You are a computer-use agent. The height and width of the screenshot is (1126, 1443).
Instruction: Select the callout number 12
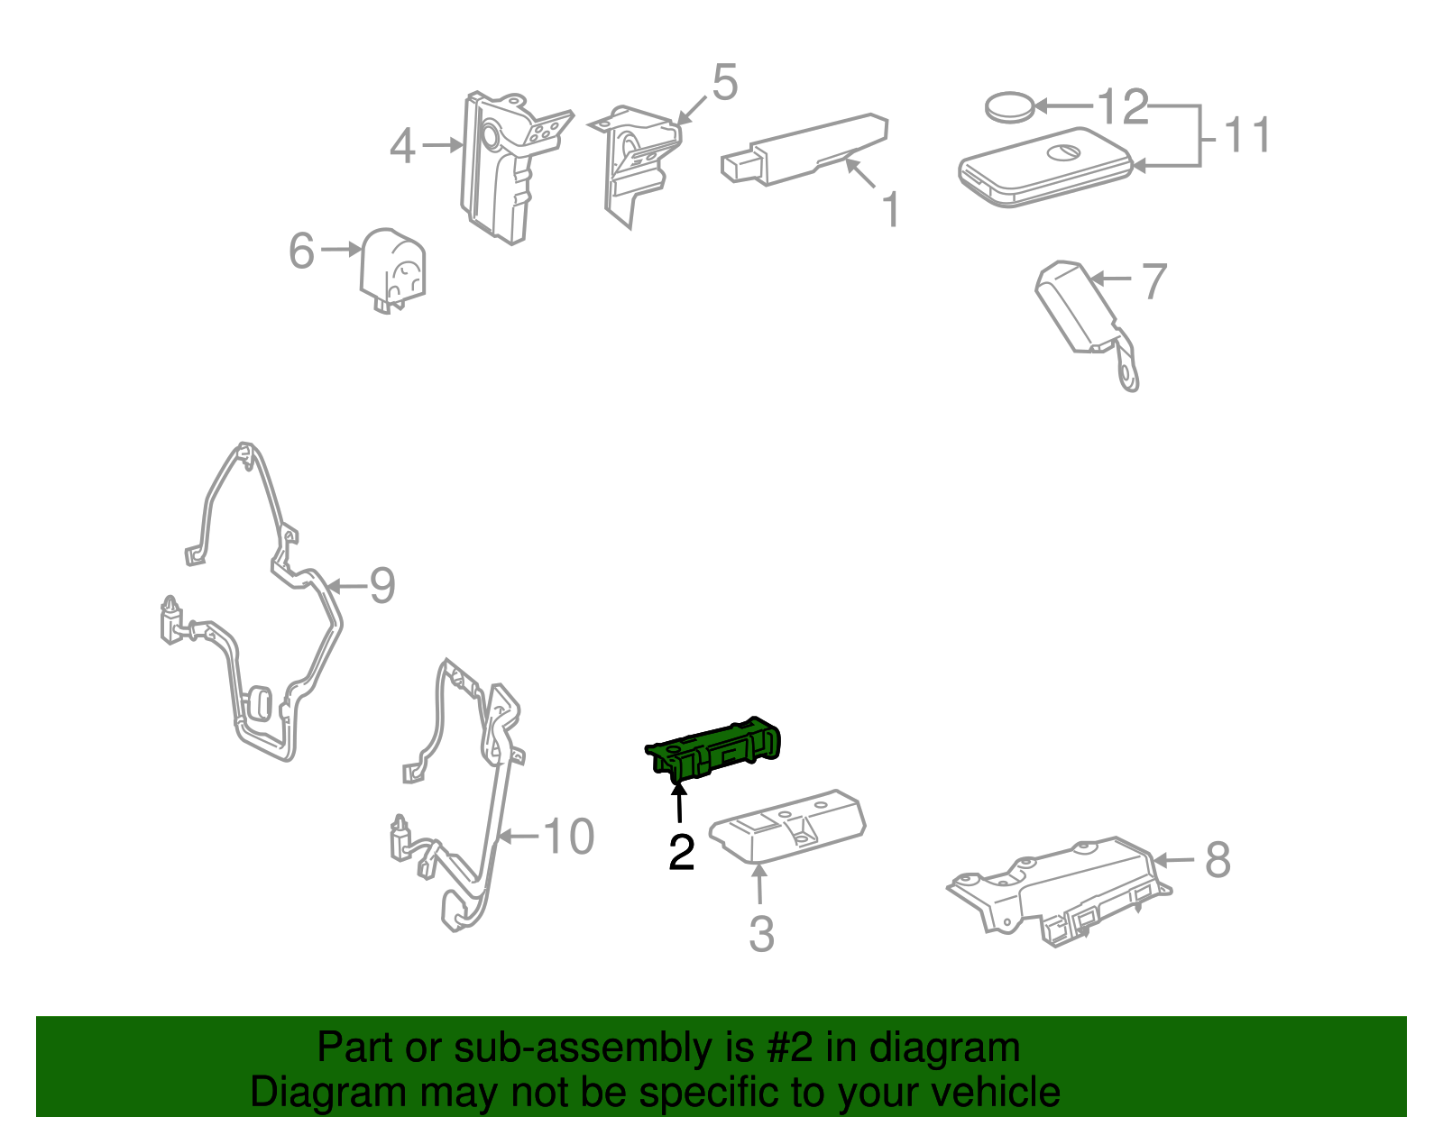[x=1122, y=106]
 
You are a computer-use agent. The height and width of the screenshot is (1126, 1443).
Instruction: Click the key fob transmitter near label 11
[x=1045, y=168]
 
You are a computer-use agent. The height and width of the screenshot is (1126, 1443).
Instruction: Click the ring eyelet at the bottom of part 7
[x=1128, y=378]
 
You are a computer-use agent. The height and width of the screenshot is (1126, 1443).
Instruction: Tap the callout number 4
[x=402, y=146]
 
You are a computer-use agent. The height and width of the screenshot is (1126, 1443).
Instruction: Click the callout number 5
[x=724, y=83]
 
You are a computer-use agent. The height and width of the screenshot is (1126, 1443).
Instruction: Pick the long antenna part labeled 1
[x=804, y=150]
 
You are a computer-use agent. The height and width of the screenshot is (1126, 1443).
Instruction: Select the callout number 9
[x=381, y=585]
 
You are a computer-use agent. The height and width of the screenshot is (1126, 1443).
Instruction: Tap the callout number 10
[x=568, y=836]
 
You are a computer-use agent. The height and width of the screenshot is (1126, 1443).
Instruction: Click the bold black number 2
[x=681, y=852]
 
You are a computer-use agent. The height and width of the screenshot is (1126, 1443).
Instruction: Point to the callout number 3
[x=762, y=934]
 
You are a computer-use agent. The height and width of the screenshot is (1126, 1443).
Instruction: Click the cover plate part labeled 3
[x=787, y=826]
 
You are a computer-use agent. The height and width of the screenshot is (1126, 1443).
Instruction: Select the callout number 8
[x=1218, y=860]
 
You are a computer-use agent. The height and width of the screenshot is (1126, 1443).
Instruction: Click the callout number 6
[x=301, y=251]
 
